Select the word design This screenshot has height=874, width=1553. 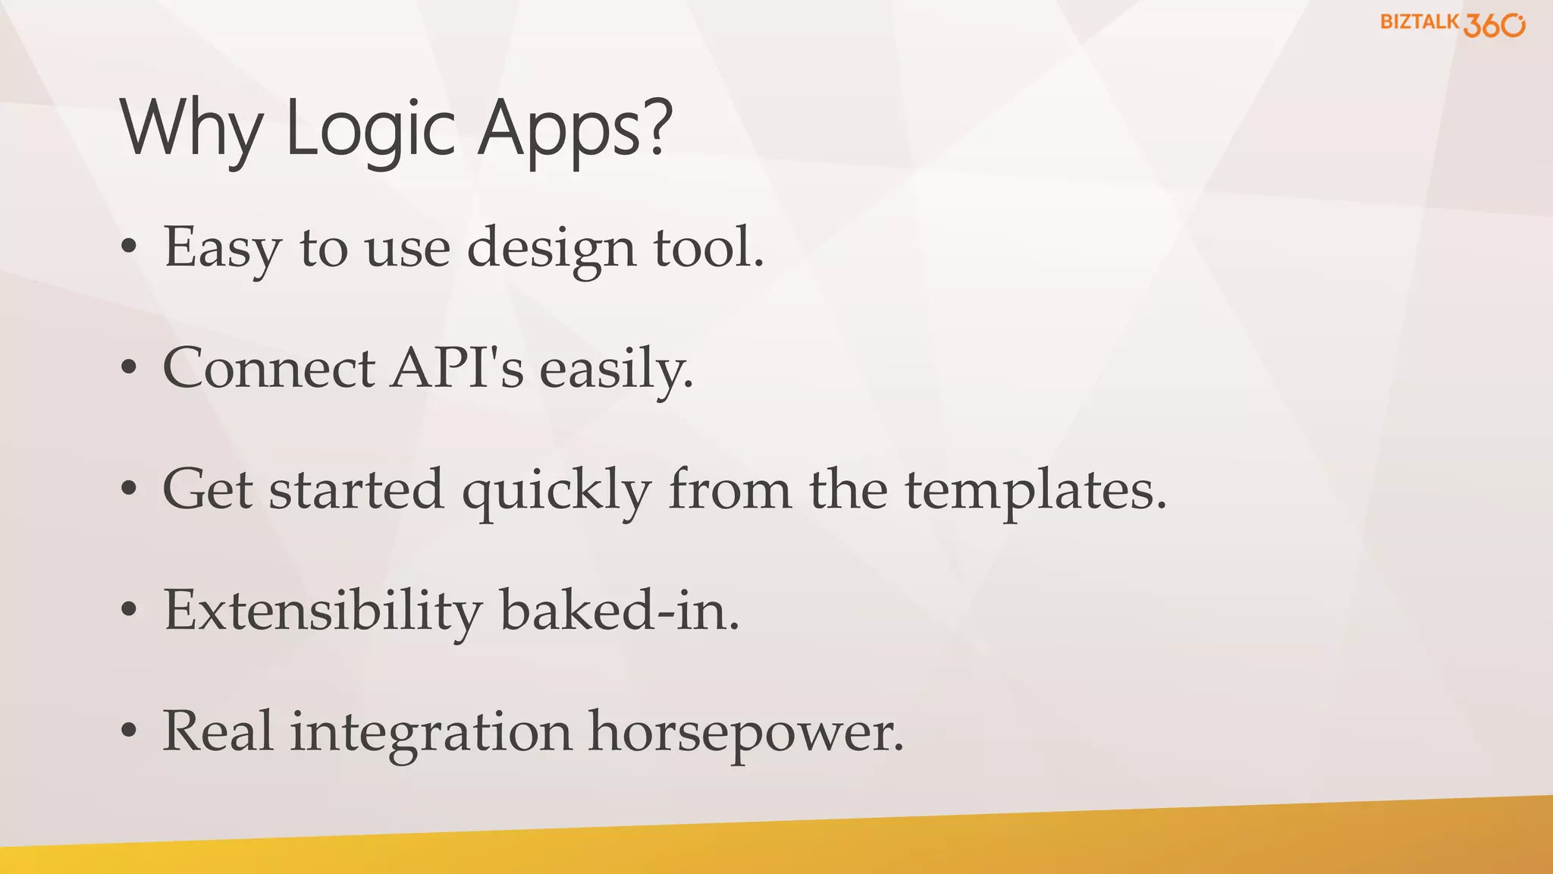point(551,249)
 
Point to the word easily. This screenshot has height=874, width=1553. point(616,369)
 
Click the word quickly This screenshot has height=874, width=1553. point(557,491)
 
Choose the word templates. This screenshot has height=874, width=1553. point(1036,491)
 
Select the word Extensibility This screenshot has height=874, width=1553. point(322,611)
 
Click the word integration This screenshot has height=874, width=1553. point(431,732)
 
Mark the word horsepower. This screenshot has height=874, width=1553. point(746,734)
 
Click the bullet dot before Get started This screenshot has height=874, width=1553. point(129,489)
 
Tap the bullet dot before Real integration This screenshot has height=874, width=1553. point(129,731)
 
